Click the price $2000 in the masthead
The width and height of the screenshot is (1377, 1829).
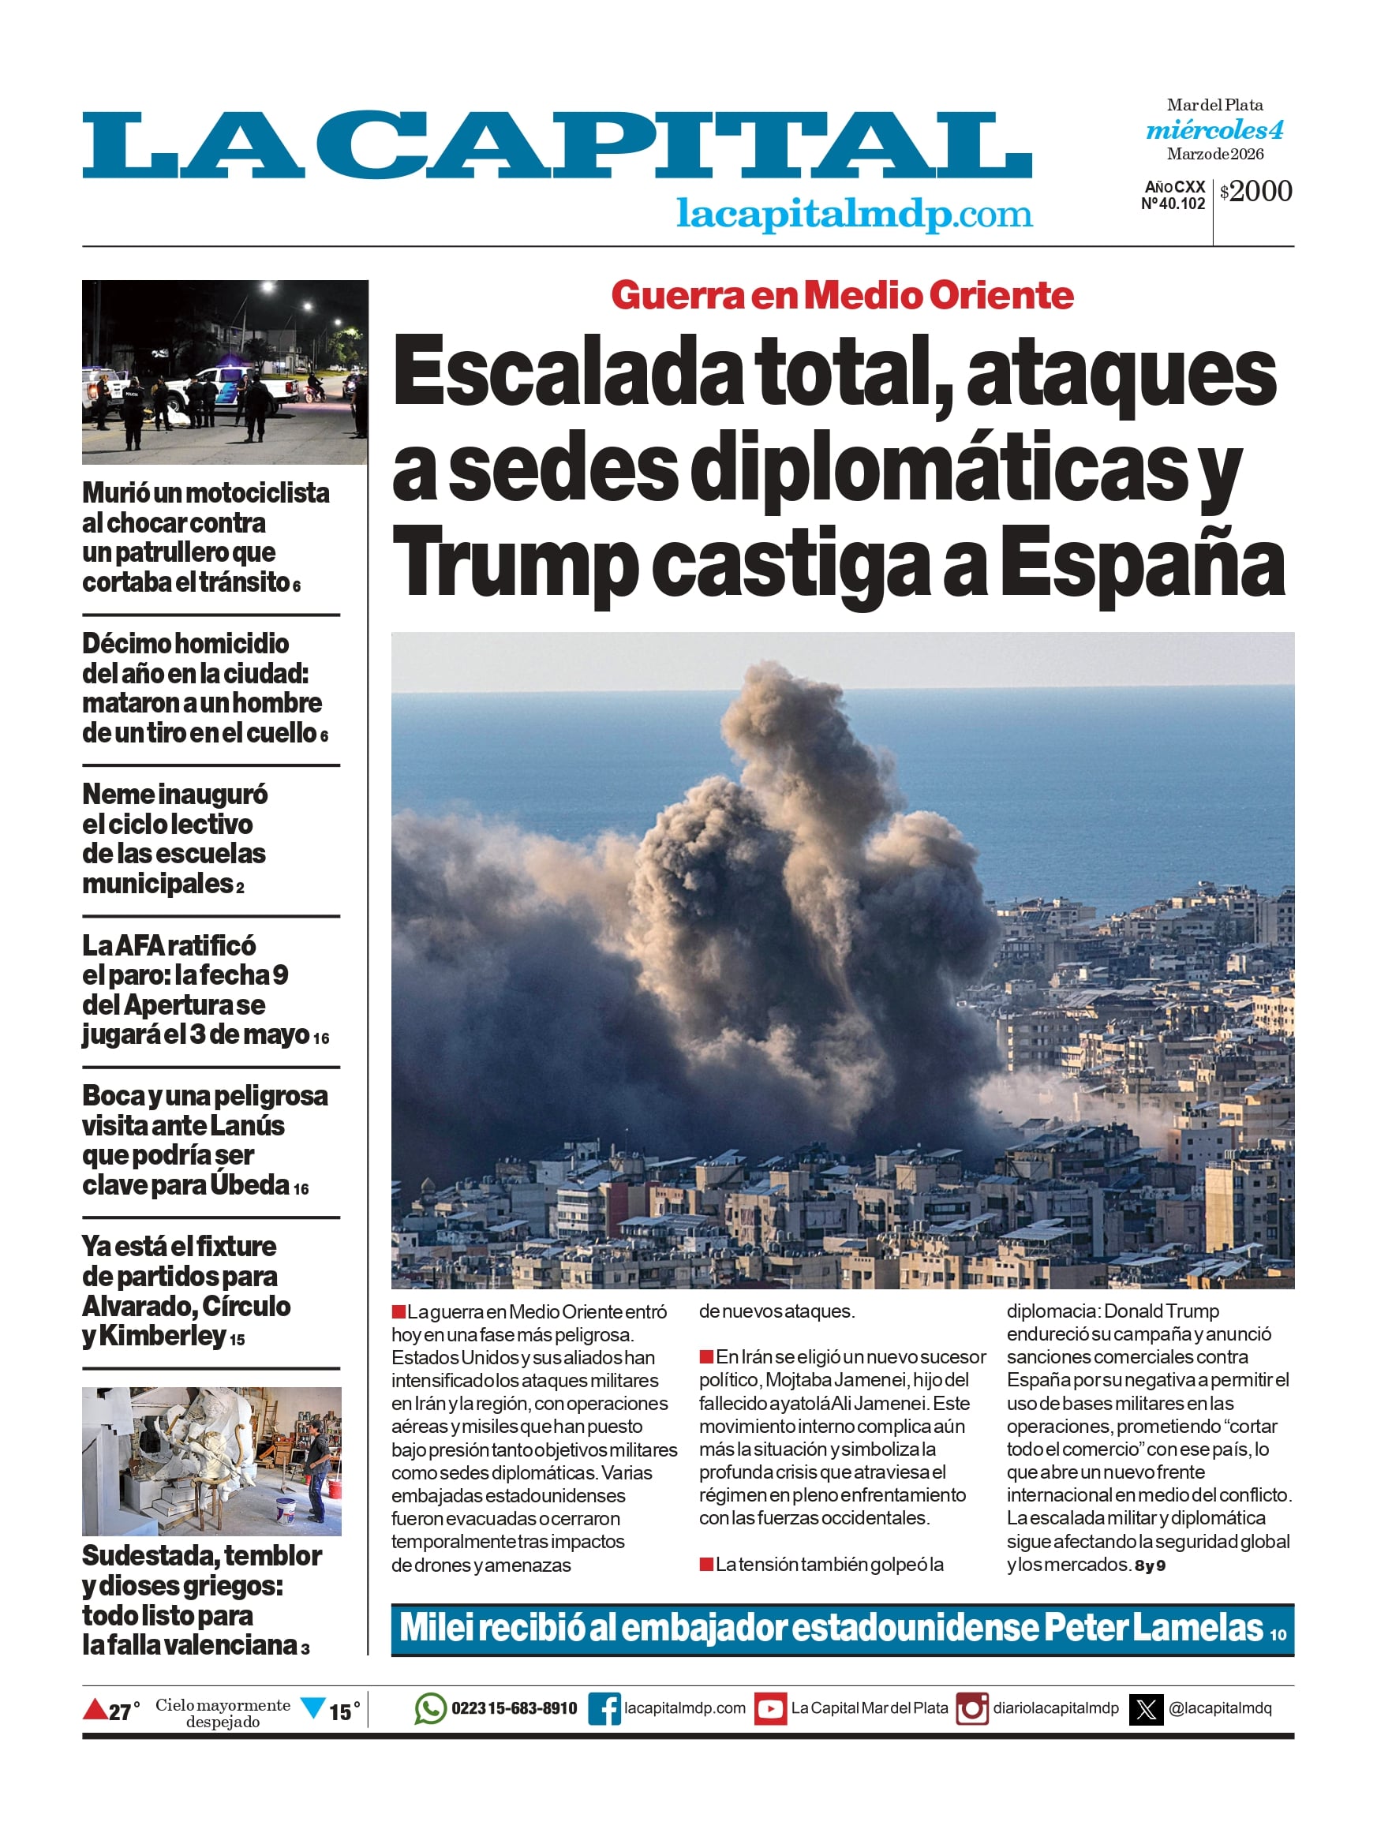(x=1255, y=191)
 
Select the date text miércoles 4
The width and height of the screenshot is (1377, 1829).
(x=1214, y=130)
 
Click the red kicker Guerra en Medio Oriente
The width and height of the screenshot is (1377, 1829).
(x=842, y=295)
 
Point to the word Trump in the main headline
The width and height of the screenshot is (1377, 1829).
(x=514, y=564)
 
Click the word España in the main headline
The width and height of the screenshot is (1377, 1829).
(x=1142, y=564)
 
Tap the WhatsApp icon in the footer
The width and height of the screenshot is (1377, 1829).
(x=430, y=1708)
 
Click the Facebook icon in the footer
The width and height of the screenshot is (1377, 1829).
(x=604, y=1708)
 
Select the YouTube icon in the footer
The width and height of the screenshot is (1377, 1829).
(x=770, y=1708)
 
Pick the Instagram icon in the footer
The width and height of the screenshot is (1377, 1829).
(x=971, y=1708)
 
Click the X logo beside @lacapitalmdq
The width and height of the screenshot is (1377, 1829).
(x=1147, y=1708)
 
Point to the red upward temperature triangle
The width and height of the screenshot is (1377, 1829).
(x=95, y=1707)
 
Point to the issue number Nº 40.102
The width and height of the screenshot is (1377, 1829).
(x=1173, y=204)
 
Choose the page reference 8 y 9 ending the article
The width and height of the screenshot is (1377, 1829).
(x=1150, y=1566)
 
